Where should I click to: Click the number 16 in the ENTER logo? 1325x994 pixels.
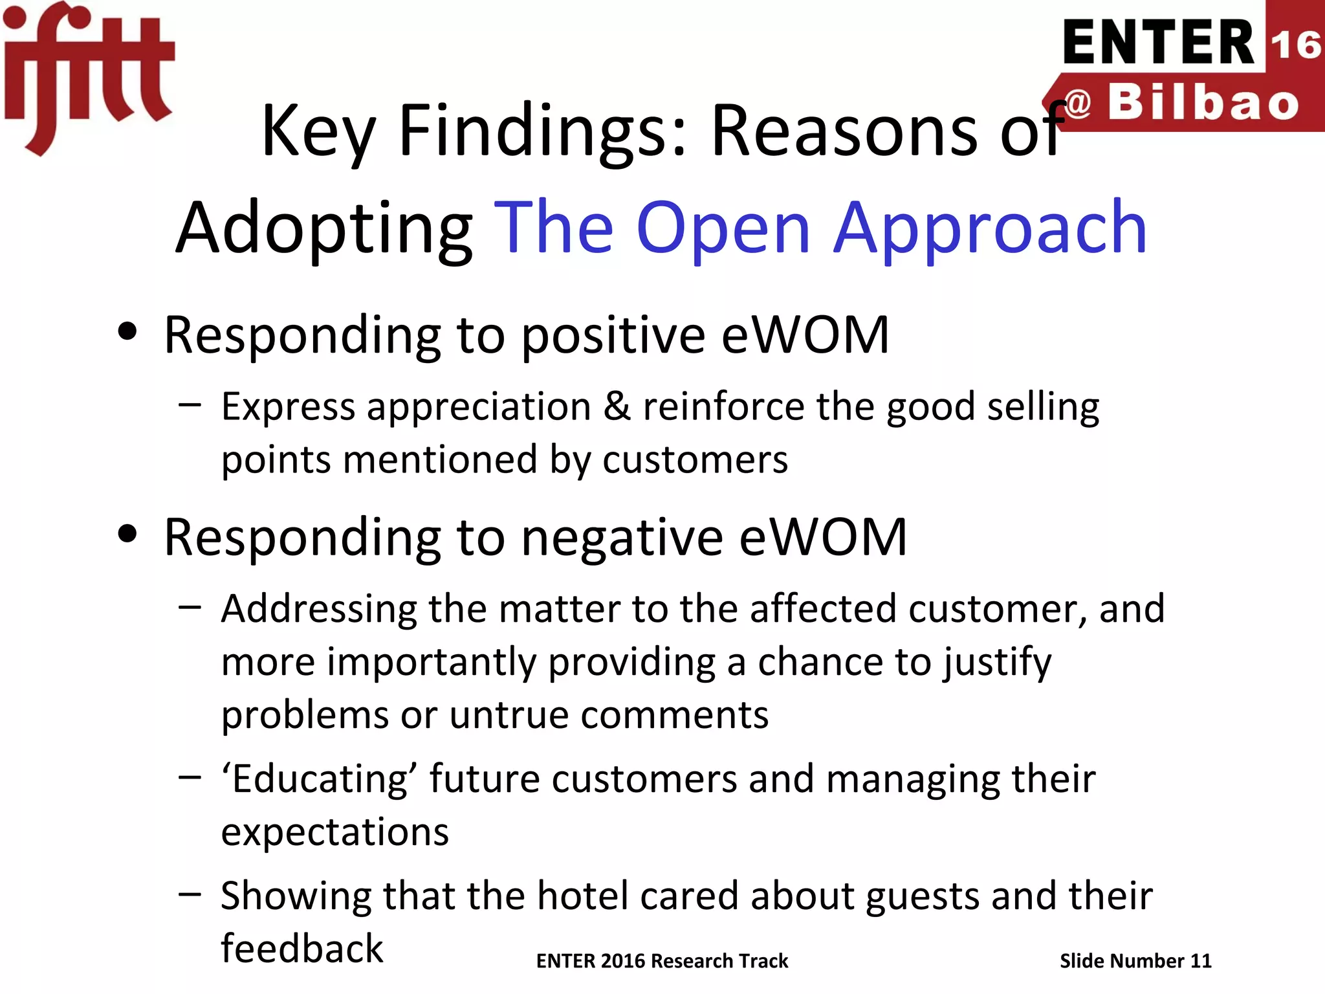(1295, 44)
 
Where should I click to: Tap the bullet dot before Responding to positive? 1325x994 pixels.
(128, 332)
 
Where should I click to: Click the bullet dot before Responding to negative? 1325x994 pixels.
(128, 535)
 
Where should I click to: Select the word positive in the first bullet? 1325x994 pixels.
(613, 335)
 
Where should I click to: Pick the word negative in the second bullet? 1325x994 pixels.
(622, 537)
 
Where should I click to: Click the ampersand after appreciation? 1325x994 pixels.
(617, 406)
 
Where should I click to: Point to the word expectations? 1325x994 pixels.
(334, 832)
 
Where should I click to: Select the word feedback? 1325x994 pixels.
(302, 949)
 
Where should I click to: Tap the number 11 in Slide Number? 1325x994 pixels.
(1201, 961)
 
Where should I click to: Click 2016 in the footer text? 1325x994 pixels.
(622, 961)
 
